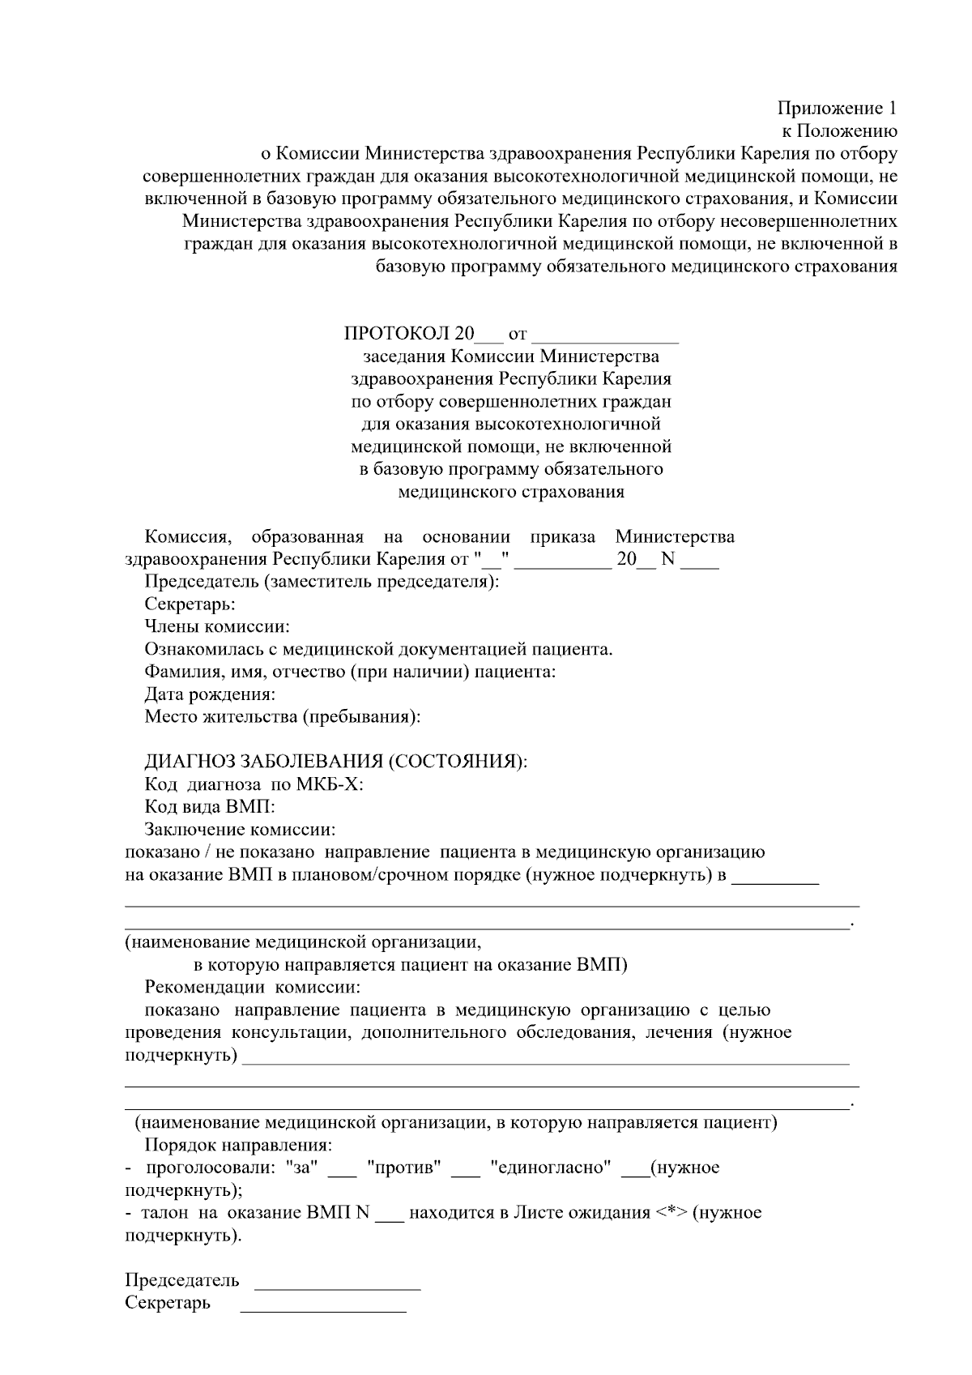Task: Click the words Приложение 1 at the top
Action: pyautogui.click(x=838, y=108)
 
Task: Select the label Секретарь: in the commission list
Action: pyautogui.click(x=190, y=604)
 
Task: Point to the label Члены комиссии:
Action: pyautogui.click(x=217, y=626)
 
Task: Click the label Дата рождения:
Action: pyautogui.click(x=210, y=694)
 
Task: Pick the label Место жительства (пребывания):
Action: pyautogui.click(x=283, y=716)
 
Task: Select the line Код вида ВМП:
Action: pyautogui.click(x=210, y=807)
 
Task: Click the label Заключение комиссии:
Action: pyautogui.click(x=240, y=830)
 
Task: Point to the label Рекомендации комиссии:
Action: pyautogui.click(x=252, y=988)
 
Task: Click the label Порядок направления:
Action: pyautogui.click(x=238, y=1146)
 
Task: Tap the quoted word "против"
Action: pyautogui.click(x=404, y=1168)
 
